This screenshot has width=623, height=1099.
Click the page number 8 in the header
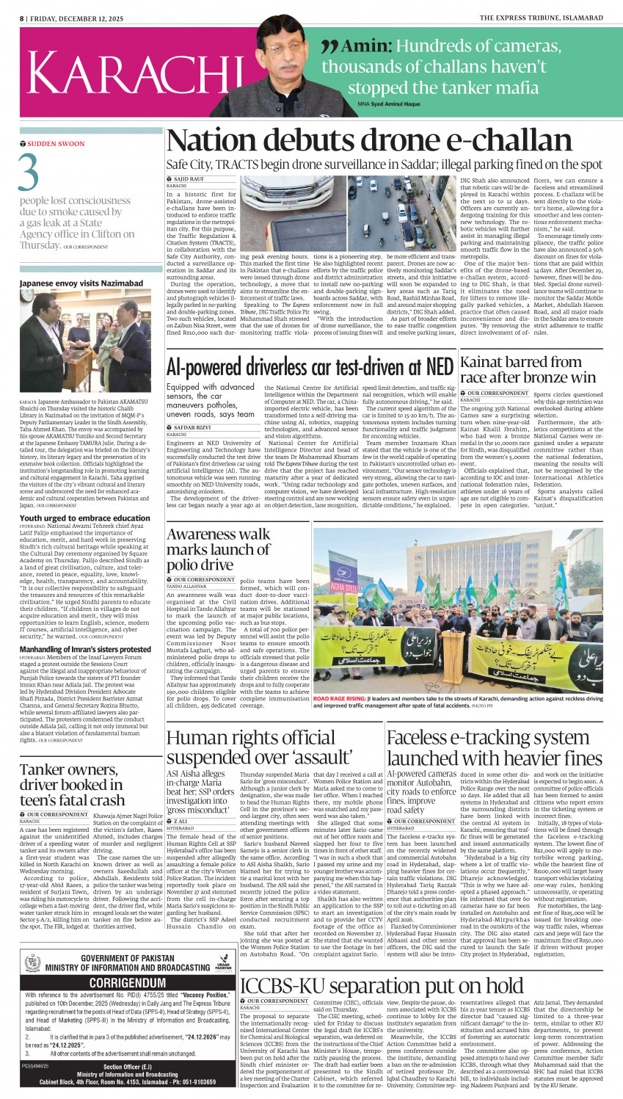(22, 18)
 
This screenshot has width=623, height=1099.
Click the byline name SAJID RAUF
(189, 179)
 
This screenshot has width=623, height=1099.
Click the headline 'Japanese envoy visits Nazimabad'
(81, 283)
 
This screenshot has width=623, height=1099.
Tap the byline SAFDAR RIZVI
(192, 427)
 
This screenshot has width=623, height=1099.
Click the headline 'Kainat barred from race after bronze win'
(528, 369)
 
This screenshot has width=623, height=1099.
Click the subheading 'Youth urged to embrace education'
(85, 518)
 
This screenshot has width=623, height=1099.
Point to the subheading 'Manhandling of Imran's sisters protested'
(85, 650)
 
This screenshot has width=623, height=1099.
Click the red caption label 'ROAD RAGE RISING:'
(339, 700)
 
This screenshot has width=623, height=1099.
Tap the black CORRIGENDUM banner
(128, 982)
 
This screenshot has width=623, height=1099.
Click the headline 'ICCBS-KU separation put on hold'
(382, 985)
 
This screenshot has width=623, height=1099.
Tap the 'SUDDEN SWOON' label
(56, 144)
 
